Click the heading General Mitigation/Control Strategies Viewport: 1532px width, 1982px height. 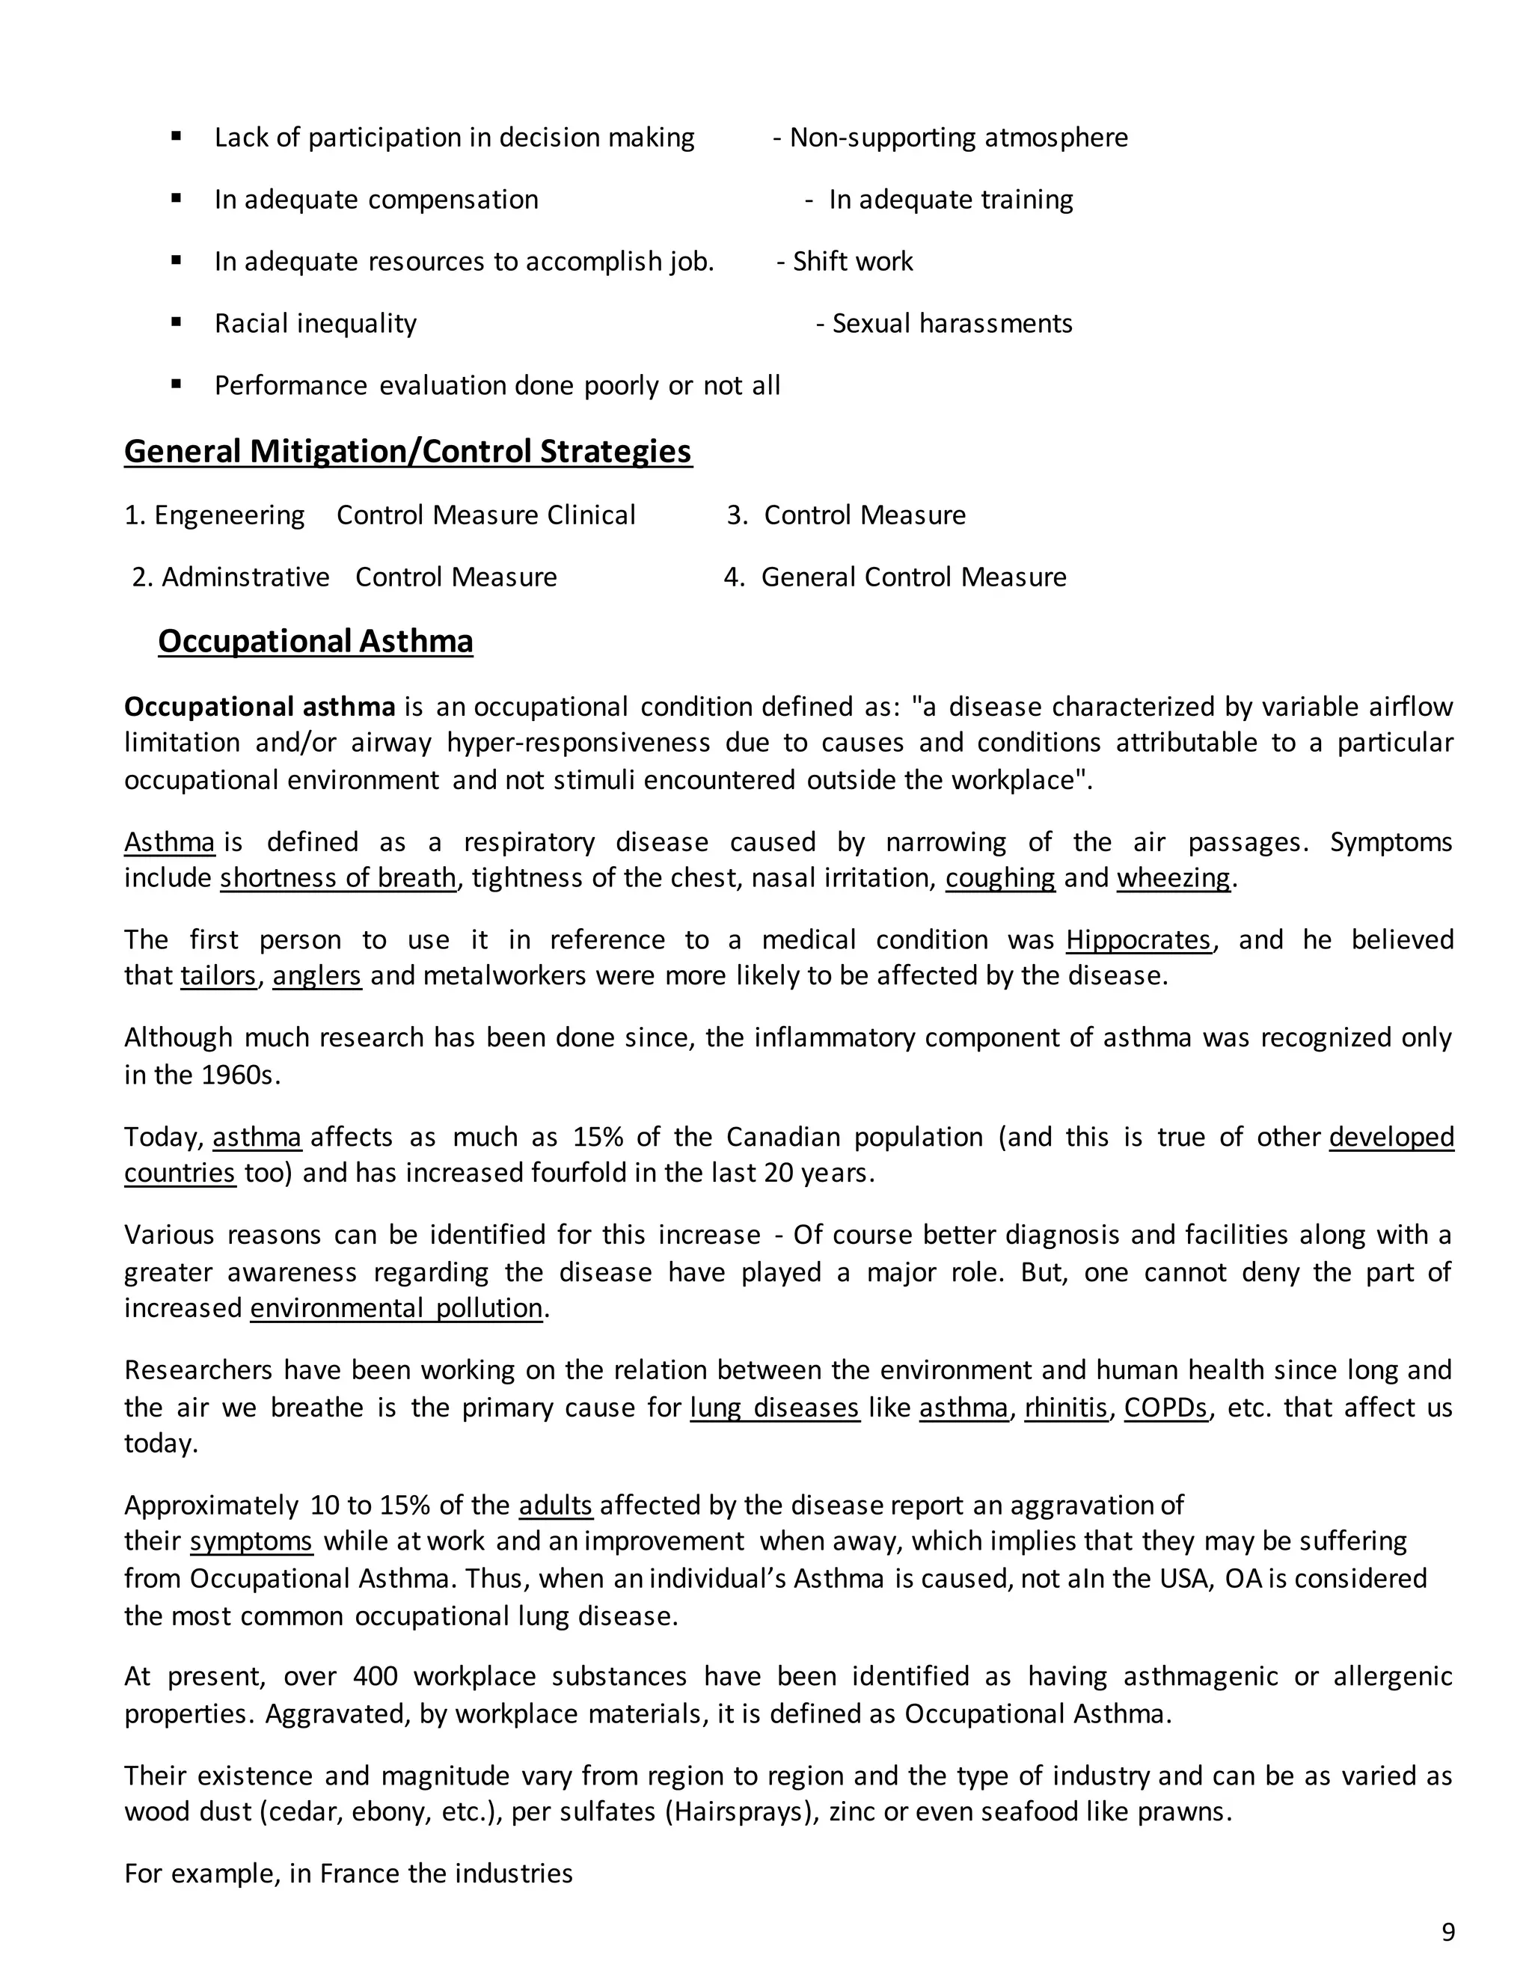click(408, 451)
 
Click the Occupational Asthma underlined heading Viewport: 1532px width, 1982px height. click(315, 641)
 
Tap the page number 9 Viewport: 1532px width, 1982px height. click(1447, 1931)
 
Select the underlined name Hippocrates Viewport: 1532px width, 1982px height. click(1138, 939)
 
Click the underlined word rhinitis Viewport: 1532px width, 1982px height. click(1067, 1408)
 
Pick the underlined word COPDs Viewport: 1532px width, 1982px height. click(1166, 1408)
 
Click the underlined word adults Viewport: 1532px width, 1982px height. click(556, 1506)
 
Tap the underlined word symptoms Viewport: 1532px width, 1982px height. click(251, 1542)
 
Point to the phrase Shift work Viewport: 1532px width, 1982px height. click(852, 261)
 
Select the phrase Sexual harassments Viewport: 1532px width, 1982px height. click(952, 323)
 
